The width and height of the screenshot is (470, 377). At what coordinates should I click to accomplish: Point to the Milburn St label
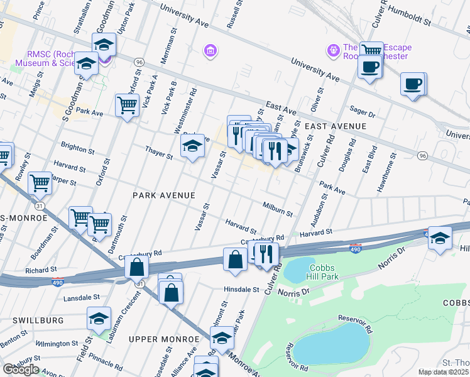(x=278, y=209)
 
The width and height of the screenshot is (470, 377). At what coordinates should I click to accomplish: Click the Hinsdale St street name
(x=242, y=290)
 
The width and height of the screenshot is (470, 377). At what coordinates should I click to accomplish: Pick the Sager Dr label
(x=362, y=111)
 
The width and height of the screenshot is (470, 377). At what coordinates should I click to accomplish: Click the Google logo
(x=21, y=369)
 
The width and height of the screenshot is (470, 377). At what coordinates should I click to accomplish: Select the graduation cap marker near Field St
(x=99, y=319)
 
